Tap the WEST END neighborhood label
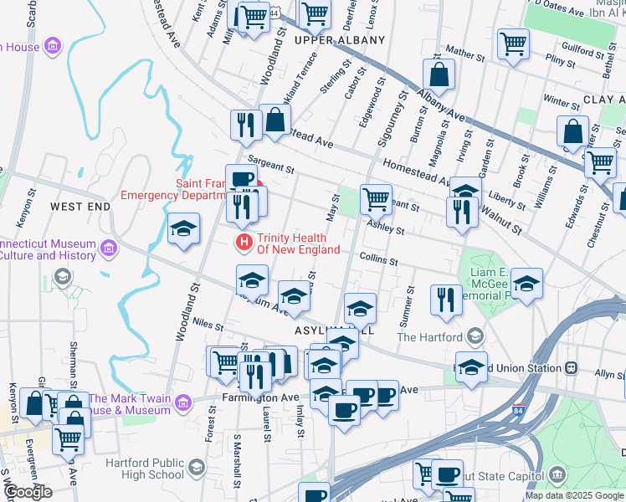click(80, 206)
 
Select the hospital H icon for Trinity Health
click(244, 243)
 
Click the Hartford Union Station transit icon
click(572, 368)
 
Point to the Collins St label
click(378, 260)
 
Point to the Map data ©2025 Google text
click(573, 495)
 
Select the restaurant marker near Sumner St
click(446, 300)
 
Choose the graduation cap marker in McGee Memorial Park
click(526, 283)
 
